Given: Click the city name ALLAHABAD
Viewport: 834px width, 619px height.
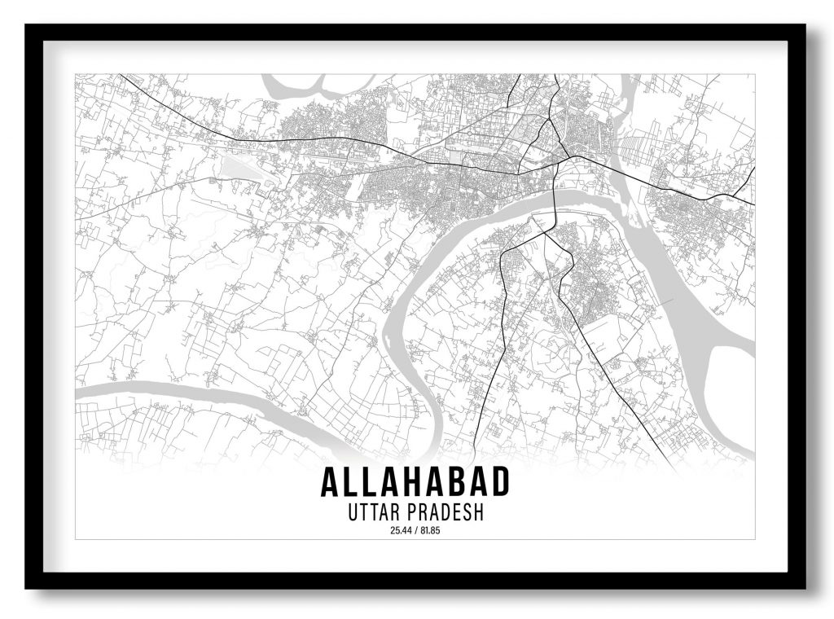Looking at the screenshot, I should (x=415, y=482).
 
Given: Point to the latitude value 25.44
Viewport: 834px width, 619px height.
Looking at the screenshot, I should (x=401, y=532).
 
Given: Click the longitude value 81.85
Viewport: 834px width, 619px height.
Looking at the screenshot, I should (x=429, y=532).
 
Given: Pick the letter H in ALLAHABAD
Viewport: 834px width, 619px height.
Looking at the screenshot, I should (x=415, y=482).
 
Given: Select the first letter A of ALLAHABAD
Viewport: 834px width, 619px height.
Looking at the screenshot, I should (x=331, y=482).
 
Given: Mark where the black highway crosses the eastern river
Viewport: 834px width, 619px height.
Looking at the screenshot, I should (x=623, y=173).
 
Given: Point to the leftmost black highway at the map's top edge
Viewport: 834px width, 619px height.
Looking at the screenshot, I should (x=122, y=76).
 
